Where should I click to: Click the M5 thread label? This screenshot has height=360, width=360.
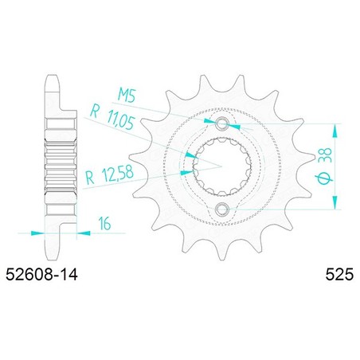127,96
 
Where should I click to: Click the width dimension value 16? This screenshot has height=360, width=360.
104,223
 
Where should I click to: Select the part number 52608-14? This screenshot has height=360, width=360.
41,275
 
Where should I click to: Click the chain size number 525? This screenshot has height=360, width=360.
339,275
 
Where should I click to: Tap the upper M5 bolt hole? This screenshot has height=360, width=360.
221,123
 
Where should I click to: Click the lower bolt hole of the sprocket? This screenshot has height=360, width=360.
221,209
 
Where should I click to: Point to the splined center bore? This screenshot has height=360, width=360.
222,166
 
